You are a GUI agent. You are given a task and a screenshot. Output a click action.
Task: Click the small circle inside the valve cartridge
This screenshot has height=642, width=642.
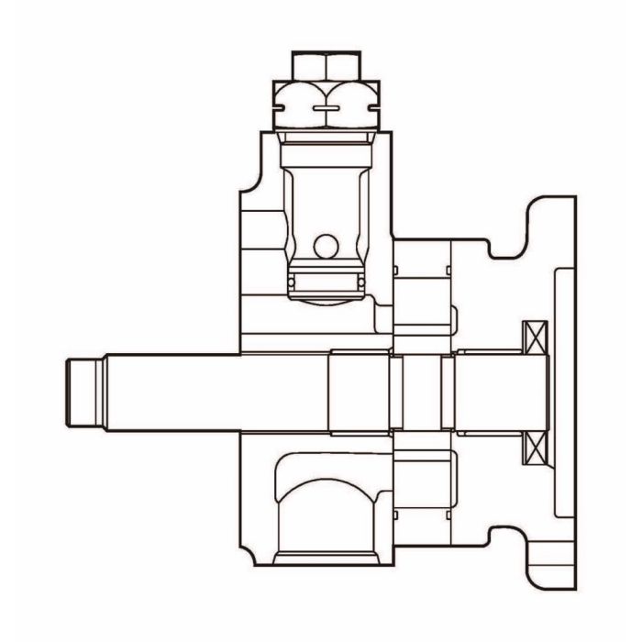tap(324, 246)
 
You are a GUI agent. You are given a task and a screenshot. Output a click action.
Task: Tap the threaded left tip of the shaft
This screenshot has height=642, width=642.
tap(83, 393)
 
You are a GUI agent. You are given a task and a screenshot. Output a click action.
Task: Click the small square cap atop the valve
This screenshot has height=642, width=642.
tap(323, 66)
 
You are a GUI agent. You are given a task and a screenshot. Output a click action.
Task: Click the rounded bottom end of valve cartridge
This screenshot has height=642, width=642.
tap(326, 295)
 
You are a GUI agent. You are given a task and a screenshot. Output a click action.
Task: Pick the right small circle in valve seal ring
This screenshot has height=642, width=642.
tap(361, 280)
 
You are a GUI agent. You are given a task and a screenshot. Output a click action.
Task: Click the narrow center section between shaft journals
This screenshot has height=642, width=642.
tap(422, 393)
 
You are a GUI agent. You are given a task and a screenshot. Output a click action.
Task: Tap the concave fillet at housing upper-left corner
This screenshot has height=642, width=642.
tap(246, 189)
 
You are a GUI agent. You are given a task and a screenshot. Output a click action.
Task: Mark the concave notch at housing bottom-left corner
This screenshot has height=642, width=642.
tap(246, 550)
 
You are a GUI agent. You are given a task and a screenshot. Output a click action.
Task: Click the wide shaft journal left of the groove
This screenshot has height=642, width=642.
tap(360, 393)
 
